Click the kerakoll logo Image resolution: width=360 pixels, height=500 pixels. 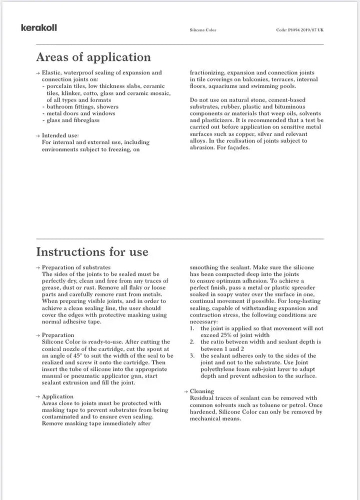coord(38,27)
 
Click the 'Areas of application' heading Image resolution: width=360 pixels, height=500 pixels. coord(93,57)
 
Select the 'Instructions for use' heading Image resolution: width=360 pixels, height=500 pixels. coord(92,251)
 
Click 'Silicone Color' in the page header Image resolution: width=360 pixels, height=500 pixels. coord(203,30)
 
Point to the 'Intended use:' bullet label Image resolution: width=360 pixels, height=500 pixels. coord(60,135)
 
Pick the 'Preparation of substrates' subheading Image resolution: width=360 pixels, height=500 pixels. coord(76,267)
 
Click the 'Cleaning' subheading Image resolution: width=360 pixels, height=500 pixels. coord(202,391)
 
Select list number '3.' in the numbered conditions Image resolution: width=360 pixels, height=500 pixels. coord(192,356)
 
